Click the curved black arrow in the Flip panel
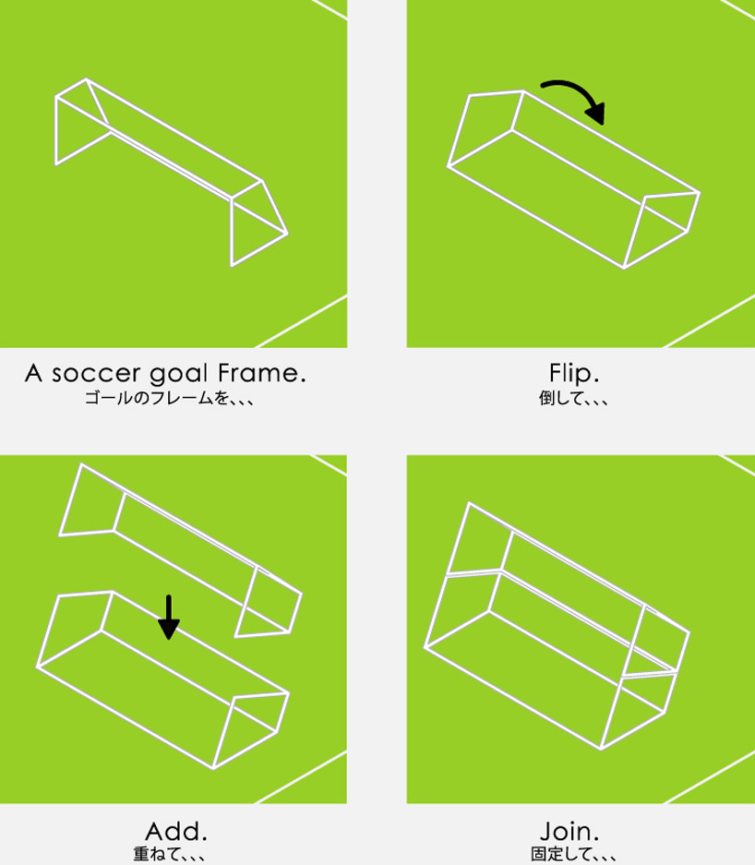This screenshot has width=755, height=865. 573,95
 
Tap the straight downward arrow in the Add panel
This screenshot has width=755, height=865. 167,617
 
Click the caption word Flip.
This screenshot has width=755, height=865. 573,374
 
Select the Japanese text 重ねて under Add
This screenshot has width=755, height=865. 153,852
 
